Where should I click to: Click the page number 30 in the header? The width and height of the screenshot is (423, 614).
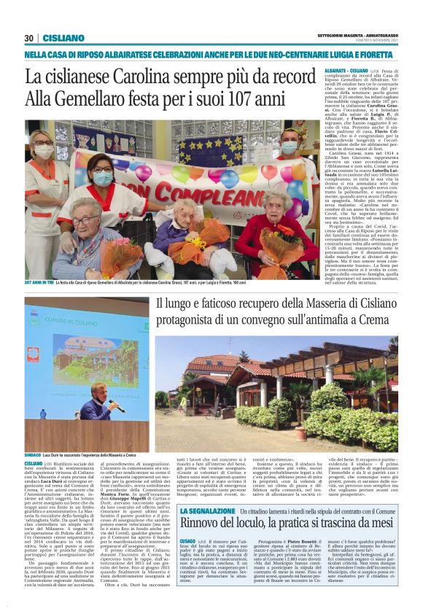point(29,38)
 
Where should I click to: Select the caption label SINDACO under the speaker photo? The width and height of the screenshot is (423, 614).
point(34,454)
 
